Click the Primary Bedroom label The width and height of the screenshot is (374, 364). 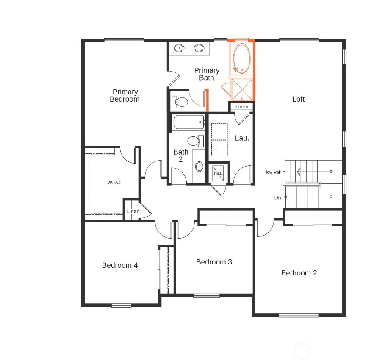point(125,95)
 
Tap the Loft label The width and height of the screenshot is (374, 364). point(298,99)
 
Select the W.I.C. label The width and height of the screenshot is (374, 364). point(114,183)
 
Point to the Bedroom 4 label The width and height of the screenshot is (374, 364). point(120,265)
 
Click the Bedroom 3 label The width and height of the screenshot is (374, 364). point(214,262)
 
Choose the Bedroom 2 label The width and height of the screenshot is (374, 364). point(299,273)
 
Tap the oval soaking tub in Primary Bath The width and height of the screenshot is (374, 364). point(242,58)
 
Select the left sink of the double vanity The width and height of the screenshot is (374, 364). point(179,48)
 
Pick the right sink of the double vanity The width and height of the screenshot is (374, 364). point(199,48)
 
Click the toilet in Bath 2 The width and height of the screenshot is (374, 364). point(196,141)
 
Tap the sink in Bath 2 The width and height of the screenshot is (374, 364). point(199,167)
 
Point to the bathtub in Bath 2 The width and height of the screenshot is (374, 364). point(188,122)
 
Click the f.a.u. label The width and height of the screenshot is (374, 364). point(218,173)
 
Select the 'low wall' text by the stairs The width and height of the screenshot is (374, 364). point(273,172)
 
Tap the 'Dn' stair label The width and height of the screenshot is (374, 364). point(277,197)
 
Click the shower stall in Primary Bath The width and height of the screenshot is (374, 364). point(242,89)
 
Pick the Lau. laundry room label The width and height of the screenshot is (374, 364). point(242,138)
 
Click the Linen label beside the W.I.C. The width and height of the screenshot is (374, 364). point(133,211)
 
